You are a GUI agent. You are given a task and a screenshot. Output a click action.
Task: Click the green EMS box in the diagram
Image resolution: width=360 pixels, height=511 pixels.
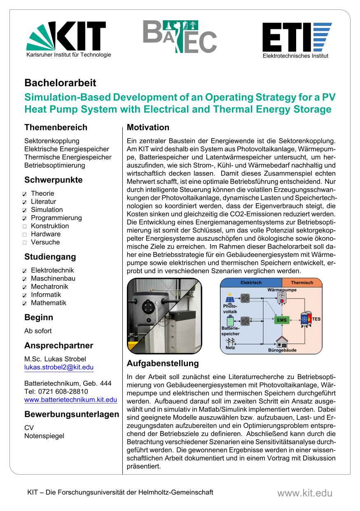282,320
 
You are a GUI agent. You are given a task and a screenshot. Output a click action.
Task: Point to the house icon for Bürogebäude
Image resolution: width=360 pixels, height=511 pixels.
282,342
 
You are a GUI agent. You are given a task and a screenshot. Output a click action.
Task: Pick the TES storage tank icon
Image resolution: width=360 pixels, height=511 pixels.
305,320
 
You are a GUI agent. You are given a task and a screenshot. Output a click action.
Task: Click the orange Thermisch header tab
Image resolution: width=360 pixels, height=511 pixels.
302,283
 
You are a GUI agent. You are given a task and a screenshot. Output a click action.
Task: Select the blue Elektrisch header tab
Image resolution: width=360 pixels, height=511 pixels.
251,283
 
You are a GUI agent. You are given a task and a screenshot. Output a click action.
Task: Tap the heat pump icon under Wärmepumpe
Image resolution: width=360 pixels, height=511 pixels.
282,299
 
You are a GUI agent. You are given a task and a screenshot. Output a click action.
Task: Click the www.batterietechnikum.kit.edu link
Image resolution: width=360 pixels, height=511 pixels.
70,399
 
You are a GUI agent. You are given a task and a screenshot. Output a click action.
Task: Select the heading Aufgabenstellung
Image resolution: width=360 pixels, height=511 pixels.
162,363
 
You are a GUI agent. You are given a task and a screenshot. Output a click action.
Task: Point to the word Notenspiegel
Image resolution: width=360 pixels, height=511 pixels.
44,436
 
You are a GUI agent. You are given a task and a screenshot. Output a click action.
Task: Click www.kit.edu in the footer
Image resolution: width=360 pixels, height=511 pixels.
304,493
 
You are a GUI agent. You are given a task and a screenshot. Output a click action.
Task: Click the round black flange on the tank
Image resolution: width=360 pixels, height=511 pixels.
147,307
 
